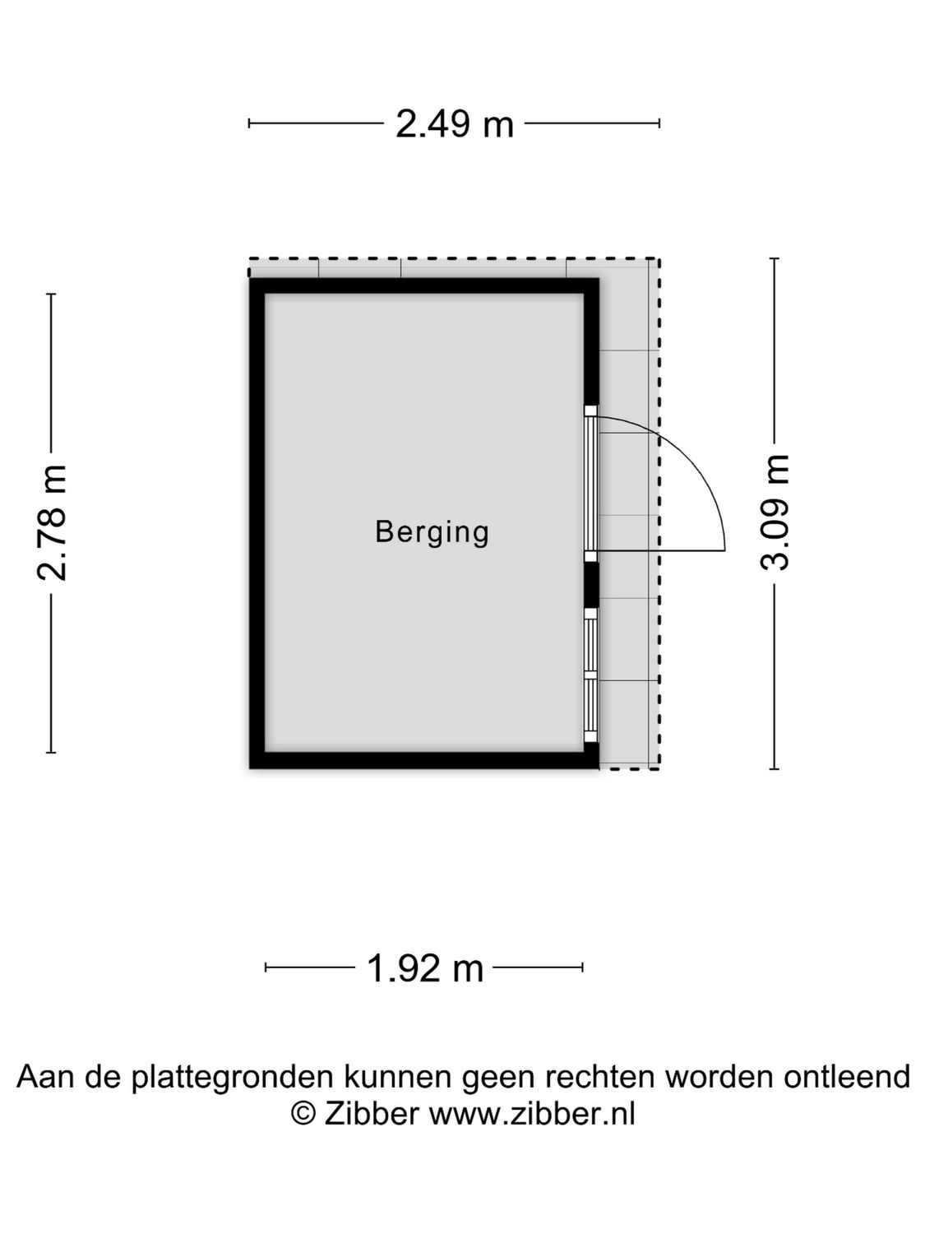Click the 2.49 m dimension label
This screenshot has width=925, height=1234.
(x=455, y=124)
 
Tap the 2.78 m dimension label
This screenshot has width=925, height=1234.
(x=53, y=523)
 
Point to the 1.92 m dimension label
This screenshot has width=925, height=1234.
(x=424, y=968)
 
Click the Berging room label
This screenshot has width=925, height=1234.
(x=432, y=531)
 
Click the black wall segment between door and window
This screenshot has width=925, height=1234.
(x=591, y=585)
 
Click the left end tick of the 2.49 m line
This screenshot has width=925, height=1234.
(x=249, y=123)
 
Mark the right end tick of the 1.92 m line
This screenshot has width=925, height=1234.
(x=582, y=967)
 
